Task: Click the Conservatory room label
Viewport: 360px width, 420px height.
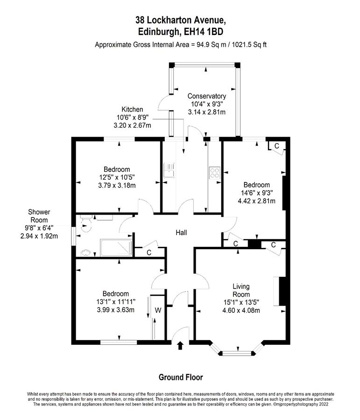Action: [x=207, y=96]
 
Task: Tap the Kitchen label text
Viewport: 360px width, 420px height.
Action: [x=132, y=109]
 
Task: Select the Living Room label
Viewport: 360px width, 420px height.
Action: [x=241, y=290]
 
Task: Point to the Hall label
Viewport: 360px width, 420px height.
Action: [x=181, y=232]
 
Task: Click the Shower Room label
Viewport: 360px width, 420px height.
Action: [x=39, y=216]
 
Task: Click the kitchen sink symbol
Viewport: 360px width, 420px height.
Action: [x=169, y=170]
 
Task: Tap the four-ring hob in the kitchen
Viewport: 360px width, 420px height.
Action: [x=214, y=173]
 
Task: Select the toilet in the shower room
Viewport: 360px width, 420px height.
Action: [x=86, y=224]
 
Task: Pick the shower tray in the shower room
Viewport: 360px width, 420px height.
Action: [x=116, y=247]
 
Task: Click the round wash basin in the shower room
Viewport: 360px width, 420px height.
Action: [x=86, y=252]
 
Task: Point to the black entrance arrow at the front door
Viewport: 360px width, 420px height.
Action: [x=180, y=345]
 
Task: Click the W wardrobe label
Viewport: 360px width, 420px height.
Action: [x=158, y=310]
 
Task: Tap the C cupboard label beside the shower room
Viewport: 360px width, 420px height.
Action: [x=149, y=252]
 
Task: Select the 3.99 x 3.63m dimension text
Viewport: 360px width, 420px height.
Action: [x=115, y=310]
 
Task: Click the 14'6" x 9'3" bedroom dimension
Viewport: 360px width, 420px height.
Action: [x=256, y=193]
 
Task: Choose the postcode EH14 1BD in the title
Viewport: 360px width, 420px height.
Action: [x=203, y=32]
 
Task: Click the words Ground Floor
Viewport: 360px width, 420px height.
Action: [x=181, y=377]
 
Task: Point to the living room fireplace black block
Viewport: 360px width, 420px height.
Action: [x=282, y=291]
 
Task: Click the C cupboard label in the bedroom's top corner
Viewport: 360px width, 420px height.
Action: [x=276, y=146]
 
